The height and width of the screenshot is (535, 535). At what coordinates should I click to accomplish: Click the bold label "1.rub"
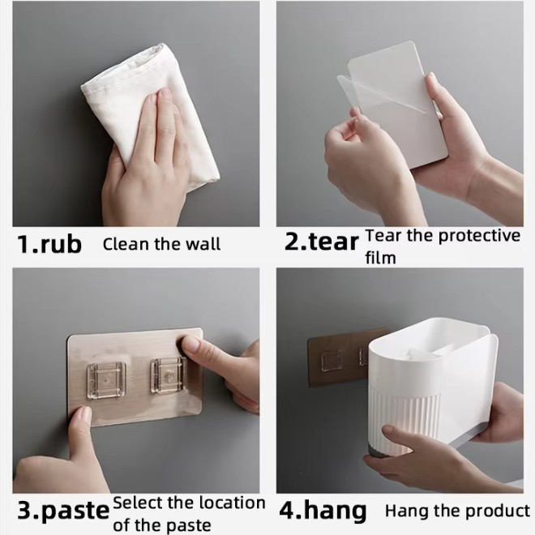(x=49, y=244)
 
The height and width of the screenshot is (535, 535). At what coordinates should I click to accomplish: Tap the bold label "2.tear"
(x=322, y=242)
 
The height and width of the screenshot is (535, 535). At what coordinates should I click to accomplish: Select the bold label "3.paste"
(x=63, y=511)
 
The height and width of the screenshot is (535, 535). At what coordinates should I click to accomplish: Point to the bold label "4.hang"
(x=323, y=511)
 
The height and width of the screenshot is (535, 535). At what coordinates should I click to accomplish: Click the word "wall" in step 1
(x=203, y=244)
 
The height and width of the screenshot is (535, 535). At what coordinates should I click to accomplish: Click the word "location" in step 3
(x=232, y=503)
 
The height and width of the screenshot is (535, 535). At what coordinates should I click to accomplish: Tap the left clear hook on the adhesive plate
(x=106, y=381)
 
